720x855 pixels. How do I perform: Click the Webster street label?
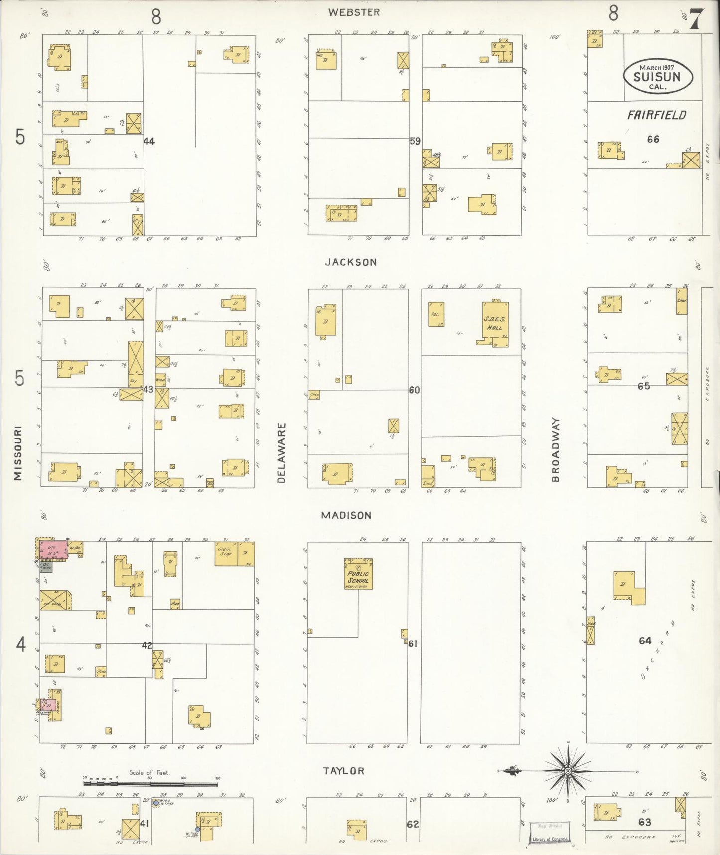coord(354,12)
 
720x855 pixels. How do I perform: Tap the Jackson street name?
coord(351,262)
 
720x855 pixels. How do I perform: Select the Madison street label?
coord(346,515)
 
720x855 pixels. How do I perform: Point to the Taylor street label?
coord(344,771)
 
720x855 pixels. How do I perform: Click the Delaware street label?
coord(282,453)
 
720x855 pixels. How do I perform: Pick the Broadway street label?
coord(556,449)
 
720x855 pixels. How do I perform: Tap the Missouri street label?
coord(18,453)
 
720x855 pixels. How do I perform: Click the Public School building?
coord(358,574)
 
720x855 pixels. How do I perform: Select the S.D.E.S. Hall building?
coord(495,323)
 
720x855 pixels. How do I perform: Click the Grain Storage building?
coord(226,553)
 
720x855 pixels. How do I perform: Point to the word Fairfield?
coord(656,115)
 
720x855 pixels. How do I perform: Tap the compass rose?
coord(568,771)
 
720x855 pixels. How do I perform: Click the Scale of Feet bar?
coord(150,784)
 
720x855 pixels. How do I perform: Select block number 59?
coord(415,141)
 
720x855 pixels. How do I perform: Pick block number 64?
coord(645,641)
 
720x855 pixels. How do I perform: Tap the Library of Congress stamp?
coord(549,832)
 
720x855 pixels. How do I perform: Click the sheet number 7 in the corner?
coord(696,19)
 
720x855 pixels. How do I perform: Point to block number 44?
coord(149,141)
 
